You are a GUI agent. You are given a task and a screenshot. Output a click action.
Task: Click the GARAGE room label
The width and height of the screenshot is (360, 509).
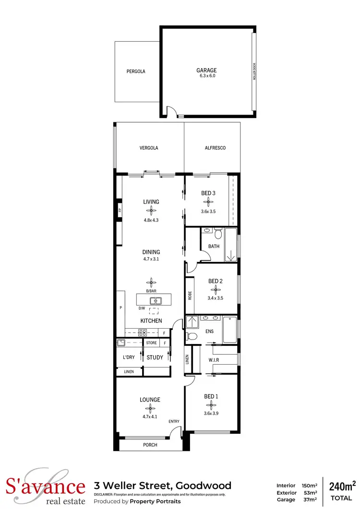[x=206, y=70]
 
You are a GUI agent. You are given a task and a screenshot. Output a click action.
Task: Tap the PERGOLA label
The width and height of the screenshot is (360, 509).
[x=136, y=71]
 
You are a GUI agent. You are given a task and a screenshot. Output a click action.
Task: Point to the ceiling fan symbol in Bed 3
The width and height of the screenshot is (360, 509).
[x=208, y=202]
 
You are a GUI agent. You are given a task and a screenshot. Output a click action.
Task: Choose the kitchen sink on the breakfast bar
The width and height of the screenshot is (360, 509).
[x=156, y=301]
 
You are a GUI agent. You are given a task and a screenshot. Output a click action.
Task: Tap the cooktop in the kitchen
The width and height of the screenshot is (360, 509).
[x=143, y=332]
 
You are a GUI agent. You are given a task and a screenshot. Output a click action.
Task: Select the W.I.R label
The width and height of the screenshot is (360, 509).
[x=214, y=360]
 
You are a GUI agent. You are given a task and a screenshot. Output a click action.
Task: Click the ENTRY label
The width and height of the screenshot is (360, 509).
[x=174, y=422]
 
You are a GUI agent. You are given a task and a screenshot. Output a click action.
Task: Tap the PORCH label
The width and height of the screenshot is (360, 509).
[x=150, y=445]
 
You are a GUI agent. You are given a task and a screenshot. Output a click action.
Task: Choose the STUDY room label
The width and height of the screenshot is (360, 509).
[x=155, y=357]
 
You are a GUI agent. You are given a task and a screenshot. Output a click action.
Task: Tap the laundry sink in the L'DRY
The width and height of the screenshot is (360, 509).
[x=122, y=343]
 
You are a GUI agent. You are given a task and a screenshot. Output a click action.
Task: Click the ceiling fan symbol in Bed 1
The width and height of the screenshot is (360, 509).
[x=208, y=405]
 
